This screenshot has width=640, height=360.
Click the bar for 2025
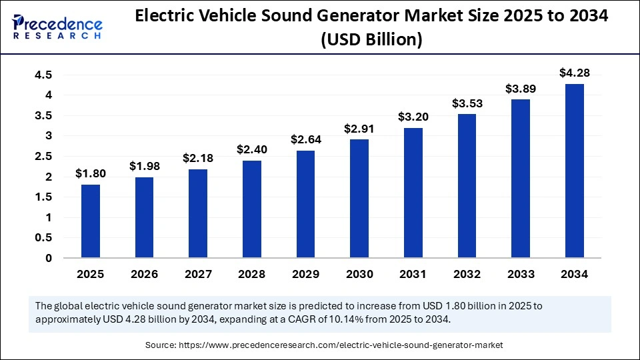click(x=91, y=221)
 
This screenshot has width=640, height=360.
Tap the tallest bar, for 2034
click(x=575, y=171)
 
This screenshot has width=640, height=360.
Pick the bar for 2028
click(x=252, y=209)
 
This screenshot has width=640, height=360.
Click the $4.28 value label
click(x=575, y=73)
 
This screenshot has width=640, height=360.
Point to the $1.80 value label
click(x=91, y=173)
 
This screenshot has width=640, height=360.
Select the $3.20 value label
click(x=413, y=117)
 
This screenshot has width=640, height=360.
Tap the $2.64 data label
click(x=306, y=139)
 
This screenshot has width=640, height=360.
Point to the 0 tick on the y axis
click(x=48, y=258)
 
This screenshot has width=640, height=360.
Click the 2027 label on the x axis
click(x=198, y=274)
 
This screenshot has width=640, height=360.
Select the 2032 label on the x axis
click(x=467, y=274)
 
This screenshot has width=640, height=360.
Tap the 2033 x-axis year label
click(x=521, y=274)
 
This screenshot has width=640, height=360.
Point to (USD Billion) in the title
click(x=371, y=40)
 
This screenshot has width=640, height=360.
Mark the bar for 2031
click(x=413, y=193)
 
